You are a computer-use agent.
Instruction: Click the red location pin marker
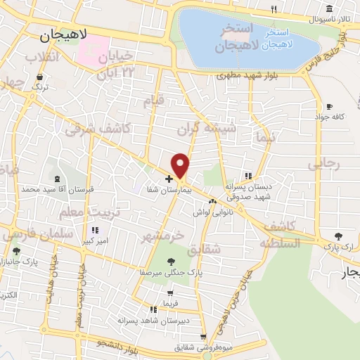click(x=181, y=166)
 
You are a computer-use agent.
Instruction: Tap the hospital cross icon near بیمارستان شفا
click(x=169, y=179)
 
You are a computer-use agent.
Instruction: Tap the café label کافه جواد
click(x=329, y=117)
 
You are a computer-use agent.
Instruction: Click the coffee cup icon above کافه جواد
click(x=328, y=106)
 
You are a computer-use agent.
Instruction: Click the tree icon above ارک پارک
click(x=340, y=236)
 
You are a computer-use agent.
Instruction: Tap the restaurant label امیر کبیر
click(x=94, y=240)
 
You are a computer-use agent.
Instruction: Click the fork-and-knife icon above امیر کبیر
click(x=94, y=230)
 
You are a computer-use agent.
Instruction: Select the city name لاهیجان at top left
click(x=63, y=34)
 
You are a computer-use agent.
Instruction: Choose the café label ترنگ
click(x=41, y=87)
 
